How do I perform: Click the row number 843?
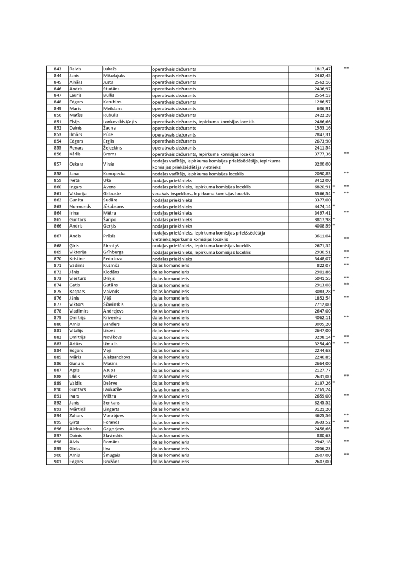click(x=58, y=69)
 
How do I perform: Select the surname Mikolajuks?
click(x=114, y=76)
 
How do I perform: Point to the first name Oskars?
click(x=76, y=164)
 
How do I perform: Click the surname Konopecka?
click(x=115, y=174)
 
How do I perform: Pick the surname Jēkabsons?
click(x=114, y=206)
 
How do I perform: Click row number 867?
click(x=58, y=236)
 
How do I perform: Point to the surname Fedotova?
click(x=113, y=259)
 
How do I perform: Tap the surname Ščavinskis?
click(x=115, y=304)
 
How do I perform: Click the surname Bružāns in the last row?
click(x=111, y=461)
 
